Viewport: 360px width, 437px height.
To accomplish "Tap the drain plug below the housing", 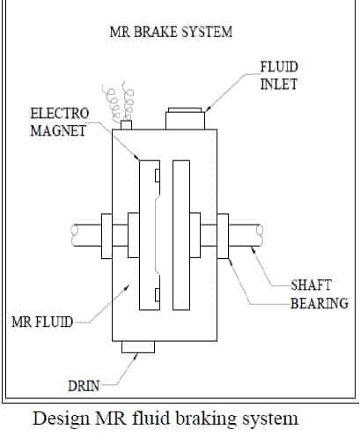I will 142,352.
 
